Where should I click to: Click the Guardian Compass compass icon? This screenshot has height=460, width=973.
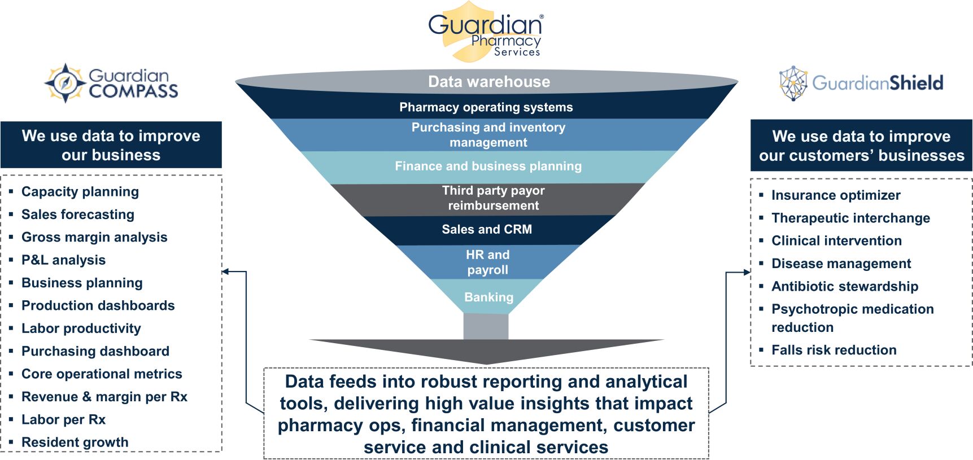(66, 83)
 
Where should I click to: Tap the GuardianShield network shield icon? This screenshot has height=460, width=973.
(793, 83)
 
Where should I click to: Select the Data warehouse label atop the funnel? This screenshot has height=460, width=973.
(488, 82)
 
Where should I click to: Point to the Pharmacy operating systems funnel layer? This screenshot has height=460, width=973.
(486, 107)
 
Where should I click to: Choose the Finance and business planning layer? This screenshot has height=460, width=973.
(488, 166)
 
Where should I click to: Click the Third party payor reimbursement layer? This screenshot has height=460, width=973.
(493, 198)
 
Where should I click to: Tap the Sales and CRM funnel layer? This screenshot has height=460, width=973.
(487, 229)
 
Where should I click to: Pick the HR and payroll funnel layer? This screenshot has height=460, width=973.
(487, 262)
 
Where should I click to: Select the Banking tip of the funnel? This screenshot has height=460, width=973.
(488, 297)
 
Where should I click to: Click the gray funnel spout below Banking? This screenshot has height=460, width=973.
(486, 326)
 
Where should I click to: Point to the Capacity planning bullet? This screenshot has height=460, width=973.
(80, 192)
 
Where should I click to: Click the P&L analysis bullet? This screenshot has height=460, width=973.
(63, 260)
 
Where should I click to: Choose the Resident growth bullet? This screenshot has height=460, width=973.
(75, 443)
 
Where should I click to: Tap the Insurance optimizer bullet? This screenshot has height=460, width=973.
(835, 195)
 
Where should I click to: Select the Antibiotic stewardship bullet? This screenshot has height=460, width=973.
(844, 287)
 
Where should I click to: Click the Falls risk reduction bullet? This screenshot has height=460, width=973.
(834, 351)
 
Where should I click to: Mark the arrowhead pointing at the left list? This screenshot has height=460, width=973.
(225, 271)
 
